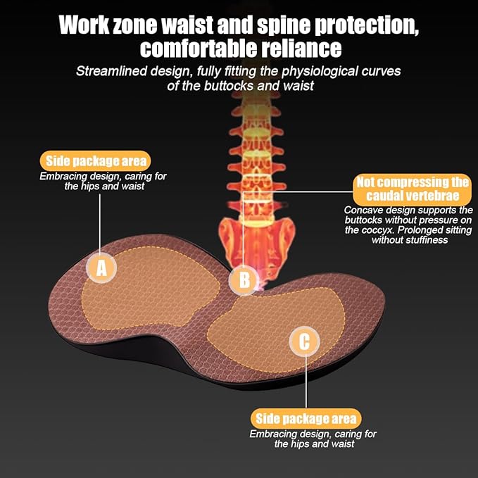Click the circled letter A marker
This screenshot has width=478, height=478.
pyautogui.click(x=101, y=268)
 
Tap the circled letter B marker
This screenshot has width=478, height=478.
pyautogui.click(x=244, y=280)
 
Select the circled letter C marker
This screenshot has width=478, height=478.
pyautogui.click(x=305, y=341)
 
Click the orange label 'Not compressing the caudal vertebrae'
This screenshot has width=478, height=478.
pyautogui.click(x=412, y=189)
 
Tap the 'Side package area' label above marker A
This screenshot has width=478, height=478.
pyautogui.click(x=96, y=161)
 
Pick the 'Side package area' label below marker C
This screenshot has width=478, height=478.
pyautogui.click(x=306, y=419)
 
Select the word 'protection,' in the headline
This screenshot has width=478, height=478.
pyautogui.click(x=367, y=25)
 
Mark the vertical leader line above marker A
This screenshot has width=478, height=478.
pyautogui.click(x=100, y=223)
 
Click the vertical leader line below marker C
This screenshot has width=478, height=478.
pyautogui.click(x=306, y=382)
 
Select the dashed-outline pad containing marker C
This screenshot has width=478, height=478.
pyautogui.click(x=276, y=330)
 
